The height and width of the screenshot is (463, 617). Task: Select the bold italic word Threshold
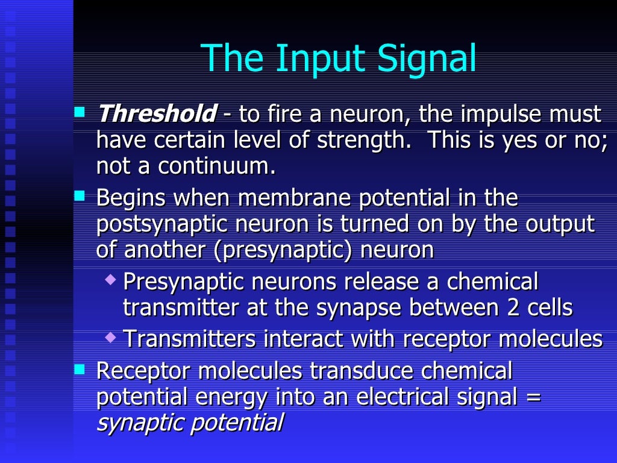point(156,113)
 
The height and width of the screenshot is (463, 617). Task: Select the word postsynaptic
point(160,224)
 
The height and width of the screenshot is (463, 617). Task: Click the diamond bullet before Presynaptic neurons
point(110,280)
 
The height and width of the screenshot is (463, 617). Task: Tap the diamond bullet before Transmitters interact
point(110,336)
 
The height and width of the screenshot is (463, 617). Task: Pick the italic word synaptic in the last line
point(140,423)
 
